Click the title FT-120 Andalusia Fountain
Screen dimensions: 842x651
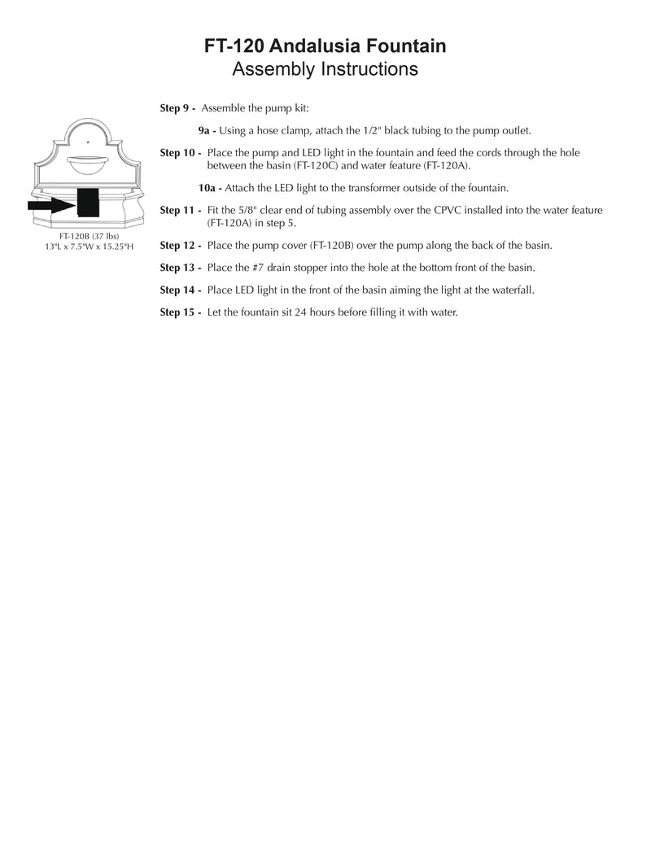point(325,47)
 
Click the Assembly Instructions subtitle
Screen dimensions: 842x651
point(325,69)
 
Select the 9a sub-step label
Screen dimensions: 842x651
point(207,130)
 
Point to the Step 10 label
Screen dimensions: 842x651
point(180,153)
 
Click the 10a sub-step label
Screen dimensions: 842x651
point(209,188)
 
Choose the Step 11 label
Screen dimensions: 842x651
point(180,211)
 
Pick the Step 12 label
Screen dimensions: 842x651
point(180,245)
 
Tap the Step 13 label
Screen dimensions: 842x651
point(180,268)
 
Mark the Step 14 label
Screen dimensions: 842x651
point(180,290)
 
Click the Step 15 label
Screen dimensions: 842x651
point(180,312)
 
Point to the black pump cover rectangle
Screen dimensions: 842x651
point(88,203)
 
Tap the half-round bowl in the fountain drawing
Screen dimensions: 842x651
point(89,164)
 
